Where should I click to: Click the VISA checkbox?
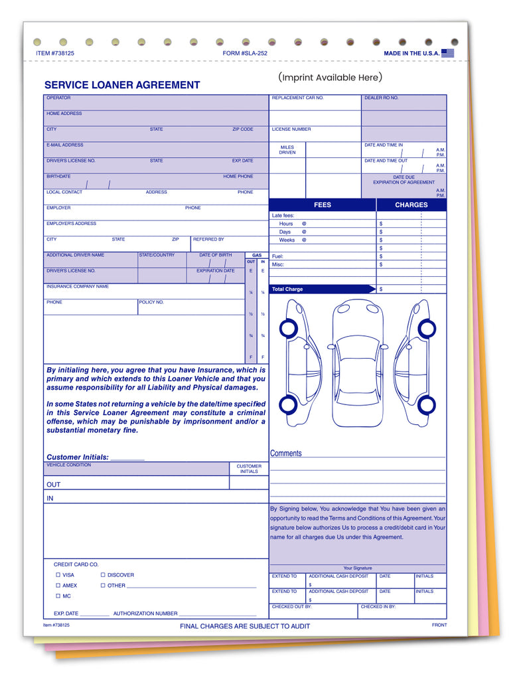[58, 575]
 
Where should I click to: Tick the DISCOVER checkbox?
[103, 575]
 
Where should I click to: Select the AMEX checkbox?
[58, 586]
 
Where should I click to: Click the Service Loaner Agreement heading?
[122, 85]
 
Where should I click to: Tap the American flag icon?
[448, 53]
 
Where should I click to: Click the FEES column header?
[323, 205]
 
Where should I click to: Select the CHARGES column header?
[411, 205]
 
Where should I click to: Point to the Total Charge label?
[287, 290]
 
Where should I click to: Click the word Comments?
[285, 454]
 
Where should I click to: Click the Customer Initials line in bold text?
[95, 458]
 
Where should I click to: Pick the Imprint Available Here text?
[331, 78]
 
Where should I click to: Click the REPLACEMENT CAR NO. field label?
[297, 98]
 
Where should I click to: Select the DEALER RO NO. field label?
[381, 98]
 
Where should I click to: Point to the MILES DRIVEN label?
[287, 150]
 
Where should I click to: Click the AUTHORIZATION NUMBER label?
[145, 614]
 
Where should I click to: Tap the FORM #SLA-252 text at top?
[245, 53]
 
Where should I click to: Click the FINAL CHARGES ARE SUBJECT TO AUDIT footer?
[245, 626]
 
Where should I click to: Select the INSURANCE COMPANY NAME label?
[78, 287]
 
